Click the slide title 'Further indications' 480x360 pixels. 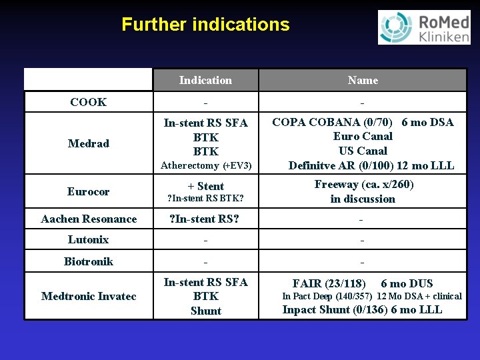(205, 25)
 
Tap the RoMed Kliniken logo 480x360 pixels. (424, 27)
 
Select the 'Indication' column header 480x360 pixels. (205, 80)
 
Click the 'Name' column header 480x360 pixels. (363, 80)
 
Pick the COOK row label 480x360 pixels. (88, 102)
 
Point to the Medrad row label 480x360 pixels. (88, 143)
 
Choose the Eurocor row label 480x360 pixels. (88, 191)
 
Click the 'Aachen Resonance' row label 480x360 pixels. (89, 219)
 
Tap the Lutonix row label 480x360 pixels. (88, 239)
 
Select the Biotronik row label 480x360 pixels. (88, 261)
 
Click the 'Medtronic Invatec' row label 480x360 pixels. (89, 296)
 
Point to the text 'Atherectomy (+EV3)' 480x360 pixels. (205, 165)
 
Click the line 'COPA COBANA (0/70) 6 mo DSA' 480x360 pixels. (363, 122)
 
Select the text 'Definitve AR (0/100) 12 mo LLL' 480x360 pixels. (371, 165)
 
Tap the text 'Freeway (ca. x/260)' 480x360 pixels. (364, 184)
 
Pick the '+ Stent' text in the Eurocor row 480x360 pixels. (205, 186)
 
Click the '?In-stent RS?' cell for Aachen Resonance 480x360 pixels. (205, 219)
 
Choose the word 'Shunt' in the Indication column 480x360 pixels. (205, 311)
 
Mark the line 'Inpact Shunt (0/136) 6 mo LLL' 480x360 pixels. (362, 309)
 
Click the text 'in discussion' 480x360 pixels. (363, 199)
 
